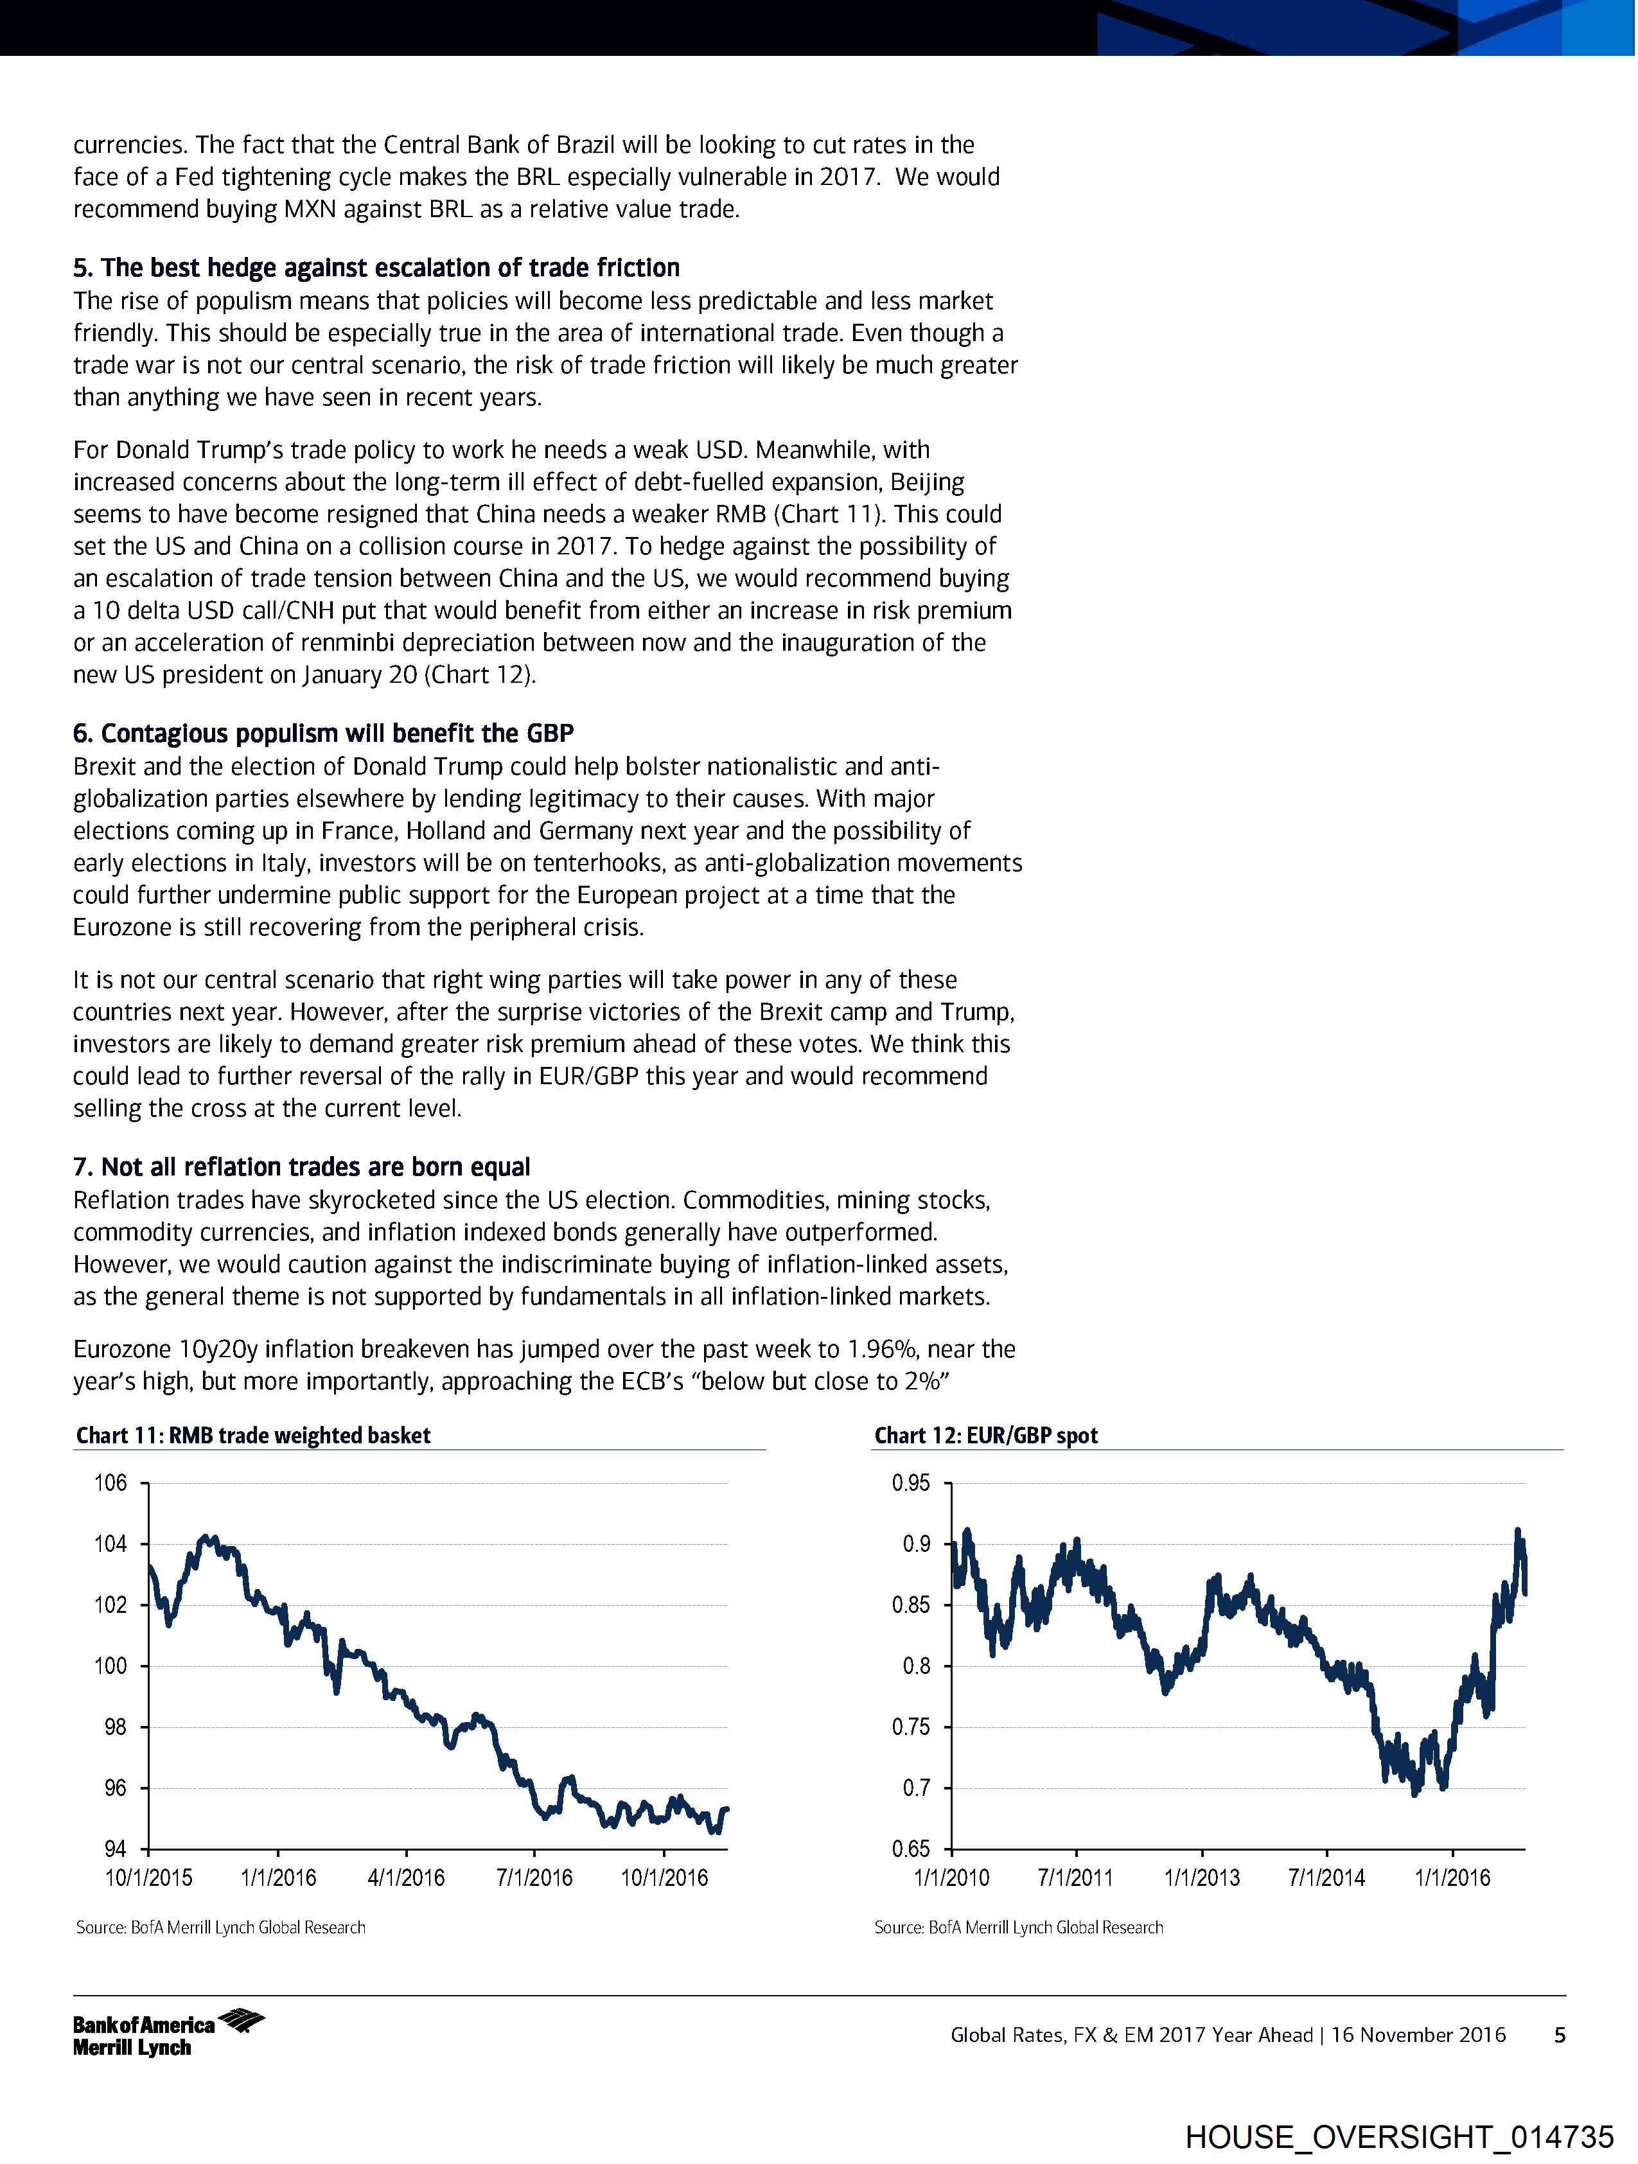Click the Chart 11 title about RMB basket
[252, 1435]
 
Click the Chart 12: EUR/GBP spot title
[985, 1435]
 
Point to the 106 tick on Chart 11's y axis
[110, 1483]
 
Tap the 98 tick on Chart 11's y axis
[116, 1727]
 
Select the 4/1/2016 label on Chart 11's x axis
[406, 1878]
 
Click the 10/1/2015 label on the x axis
[149, 1878]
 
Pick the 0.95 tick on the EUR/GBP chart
[911, 1483]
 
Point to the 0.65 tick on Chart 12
[911, 1849]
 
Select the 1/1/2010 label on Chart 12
[951, 1878]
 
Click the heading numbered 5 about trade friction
[376, 268]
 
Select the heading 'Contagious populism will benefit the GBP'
[324, 734]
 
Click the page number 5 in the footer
[1560, 2035]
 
